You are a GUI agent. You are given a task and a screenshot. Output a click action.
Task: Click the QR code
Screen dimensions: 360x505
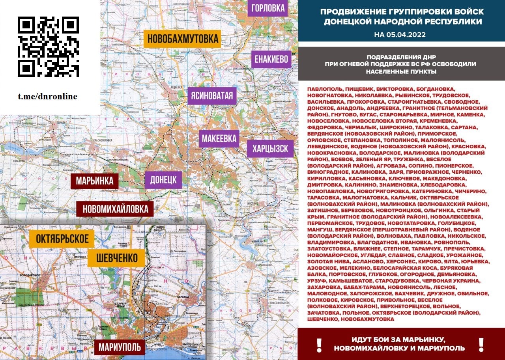click(48, 47)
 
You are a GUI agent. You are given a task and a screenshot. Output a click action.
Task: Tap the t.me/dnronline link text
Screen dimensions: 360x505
click(47, 97)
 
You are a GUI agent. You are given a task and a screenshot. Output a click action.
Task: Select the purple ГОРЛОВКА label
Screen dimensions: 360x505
click(268, 8)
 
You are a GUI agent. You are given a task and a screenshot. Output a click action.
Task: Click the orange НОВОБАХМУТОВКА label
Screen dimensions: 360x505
click(182, 39)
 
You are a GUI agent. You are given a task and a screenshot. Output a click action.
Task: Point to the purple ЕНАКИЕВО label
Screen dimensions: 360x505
click(271, 60)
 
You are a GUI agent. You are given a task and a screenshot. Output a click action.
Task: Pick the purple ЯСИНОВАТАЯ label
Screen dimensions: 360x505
click(212, 96)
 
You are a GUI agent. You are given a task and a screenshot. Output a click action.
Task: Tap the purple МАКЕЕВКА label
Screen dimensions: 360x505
click(219, 138)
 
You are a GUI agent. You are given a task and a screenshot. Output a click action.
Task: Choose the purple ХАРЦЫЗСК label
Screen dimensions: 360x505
click(270, 149)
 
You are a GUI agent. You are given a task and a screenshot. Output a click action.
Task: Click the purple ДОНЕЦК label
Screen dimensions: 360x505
click(163, 180)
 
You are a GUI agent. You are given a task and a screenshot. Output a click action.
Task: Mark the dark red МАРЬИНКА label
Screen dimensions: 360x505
click(95, 181)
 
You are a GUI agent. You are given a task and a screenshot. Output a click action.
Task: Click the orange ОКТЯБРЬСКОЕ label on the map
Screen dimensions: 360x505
click(62, 239)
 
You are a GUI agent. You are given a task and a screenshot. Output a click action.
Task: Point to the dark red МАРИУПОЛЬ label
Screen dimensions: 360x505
click(120, 347)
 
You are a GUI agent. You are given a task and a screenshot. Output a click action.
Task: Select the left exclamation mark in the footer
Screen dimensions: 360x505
click(319, 345)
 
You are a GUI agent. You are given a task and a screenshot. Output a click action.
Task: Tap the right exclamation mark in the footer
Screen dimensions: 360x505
click(481, 345)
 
